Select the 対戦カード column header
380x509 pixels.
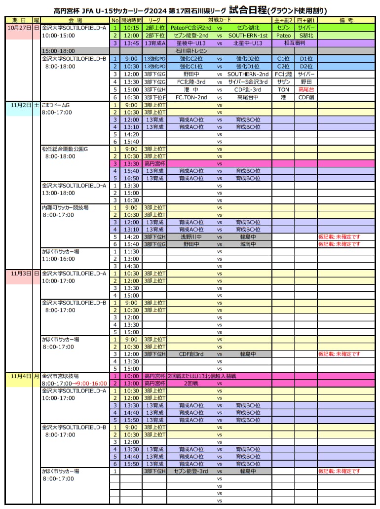point(219,20)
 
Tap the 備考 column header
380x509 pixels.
point(346,20)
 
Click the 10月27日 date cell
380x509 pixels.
point(19,28)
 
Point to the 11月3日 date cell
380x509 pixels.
point(19,273)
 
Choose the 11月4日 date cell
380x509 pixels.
point(19,376)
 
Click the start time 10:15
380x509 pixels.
point(131,28)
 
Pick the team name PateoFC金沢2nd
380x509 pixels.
point(191,28)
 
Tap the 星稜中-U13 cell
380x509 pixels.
point(191,43)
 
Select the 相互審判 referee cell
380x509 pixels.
point(295,43)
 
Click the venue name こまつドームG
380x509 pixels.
point(56,105)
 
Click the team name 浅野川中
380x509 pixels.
point(191,236)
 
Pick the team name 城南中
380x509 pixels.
point(248,244)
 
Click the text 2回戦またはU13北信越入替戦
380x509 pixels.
point(202,376)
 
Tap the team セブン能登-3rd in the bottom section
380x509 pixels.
point(191,471)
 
